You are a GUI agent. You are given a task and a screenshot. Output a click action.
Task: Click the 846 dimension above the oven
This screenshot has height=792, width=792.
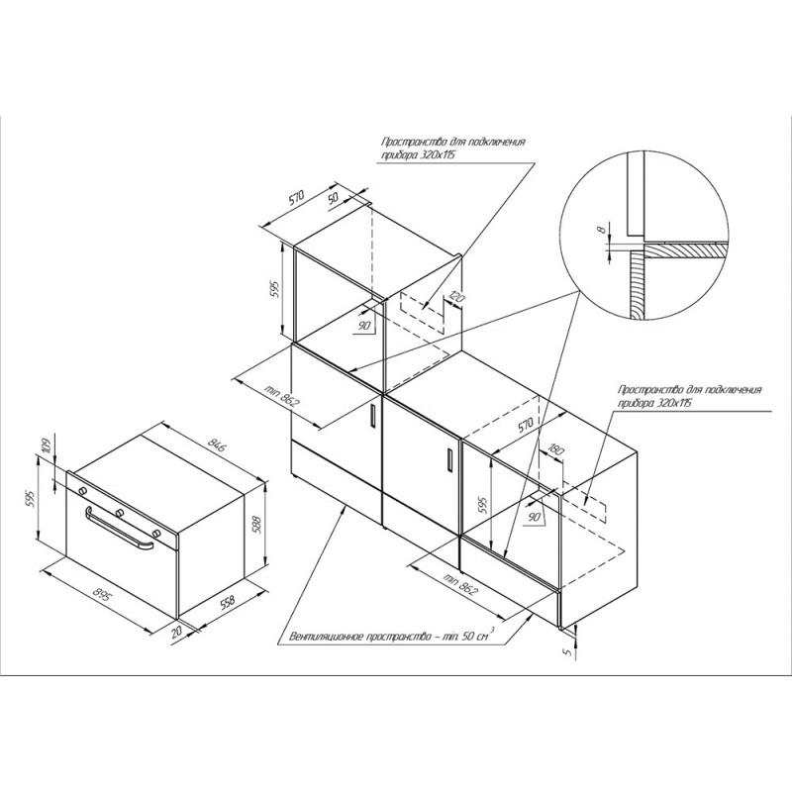point(218,445)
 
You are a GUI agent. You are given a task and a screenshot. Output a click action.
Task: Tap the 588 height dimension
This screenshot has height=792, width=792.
point(256,526)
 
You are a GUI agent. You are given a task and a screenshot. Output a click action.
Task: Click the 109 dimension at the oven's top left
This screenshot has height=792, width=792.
point(47,445)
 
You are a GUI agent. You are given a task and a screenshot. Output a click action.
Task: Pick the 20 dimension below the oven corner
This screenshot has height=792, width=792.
point(176,633)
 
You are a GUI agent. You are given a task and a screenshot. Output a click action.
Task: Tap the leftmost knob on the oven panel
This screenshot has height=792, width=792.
point(82,490)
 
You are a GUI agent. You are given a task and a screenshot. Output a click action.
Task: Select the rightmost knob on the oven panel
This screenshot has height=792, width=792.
point(156,534)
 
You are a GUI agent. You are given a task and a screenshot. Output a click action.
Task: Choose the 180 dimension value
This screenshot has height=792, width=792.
point(555,450)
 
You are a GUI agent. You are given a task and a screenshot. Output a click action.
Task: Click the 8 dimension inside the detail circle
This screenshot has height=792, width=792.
point(601,229)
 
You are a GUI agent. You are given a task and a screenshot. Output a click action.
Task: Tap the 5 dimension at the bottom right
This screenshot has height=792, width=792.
point(566,652)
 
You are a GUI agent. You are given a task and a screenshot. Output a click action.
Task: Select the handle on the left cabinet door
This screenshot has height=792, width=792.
point(372,417)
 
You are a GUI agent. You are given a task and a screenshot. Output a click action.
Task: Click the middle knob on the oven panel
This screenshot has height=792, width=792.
point(120,513)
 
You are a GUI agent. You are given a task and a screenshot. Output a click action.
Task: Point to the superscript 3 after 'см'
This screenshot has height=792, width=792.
point(492,630)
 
